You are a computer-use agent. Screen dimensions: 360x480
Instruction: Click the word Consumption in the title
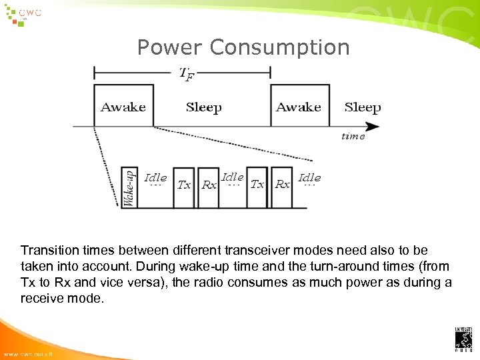pyautogui.click(x=279, y=47)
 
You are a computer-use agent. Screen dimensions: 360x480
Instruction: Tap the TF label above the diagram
pyautogui.click(x=187, y=74)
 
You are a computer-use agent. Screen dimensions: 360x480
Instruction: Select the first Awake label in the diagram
pyautogui.click(x=123, y=107)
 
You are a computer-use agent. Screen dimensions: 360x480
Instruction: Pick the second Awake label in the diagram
pyautogui.click(x=299, y=107)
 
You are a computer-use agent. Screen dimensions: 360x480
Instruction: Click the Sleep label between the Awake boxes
pyautogui.click(x=204, y=107)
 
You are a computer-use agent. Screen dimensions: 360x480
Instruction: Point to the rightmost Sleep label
pyautogui.click(x=363, y=107)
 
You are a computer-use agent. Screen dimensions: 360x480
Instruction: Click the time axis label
pyautogui.click(x=353, y=136)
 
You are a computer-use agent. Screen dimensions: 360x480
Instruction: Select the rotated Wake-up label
pyautogui.click(x=130, y=187)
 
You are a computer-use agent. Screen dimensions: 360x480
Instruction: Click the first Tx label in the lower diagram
pyautogui.click(x=185, y=185)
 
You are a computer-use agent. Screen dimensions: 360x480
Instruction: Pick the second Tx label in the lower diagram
pyautogui.click(x=257, y=184)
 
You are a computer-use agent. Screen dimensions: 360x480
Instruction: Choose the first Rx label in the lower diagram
pyautogui.click(x=209, y=185)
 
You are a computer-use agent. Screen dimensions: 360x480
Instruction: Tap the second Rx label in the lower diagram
pyautogui.click(x=283, y=184)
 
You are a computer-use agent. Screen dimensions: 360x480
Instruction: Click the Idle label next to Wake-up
pyautogui.click(x=155, y=178)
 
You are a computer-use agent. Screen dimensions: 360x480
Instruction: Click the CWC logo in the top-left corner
pyautogui.click(x=23, y=15)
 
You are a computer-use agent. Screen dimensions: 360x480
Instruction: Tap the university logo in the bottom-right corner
pyautogui.click(x=463, y=339)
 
